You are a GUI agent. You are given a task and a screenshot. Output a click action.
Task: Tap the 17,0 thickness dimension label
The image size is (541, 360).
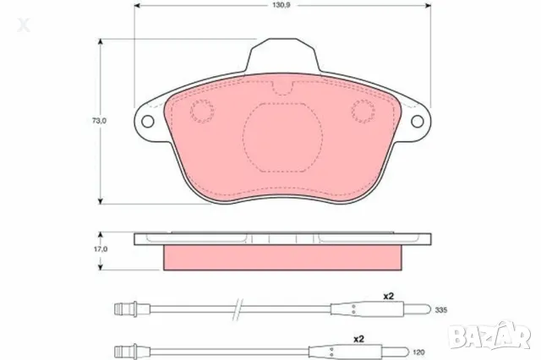click(x=101, y=250)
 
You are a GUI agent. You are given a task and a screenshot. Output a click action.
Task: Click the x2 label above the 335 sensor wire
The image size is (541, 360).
click(x=390, y=297)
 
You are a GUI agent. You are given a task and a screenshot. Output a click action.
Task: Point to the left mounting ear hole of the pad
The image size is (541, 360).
click(x=148, y=121)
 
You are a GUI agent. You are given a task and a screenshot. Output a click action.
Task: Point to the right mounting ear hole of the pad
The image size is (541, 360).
click(x=418, y=121)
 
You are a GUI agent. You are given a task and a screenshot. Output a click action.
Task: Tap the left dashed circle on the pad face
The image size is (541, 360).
click(x=202, y=110)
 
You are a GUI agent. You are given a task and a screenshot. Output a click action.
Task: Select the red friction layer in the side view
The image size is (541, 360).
click(x=282, y=256)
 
